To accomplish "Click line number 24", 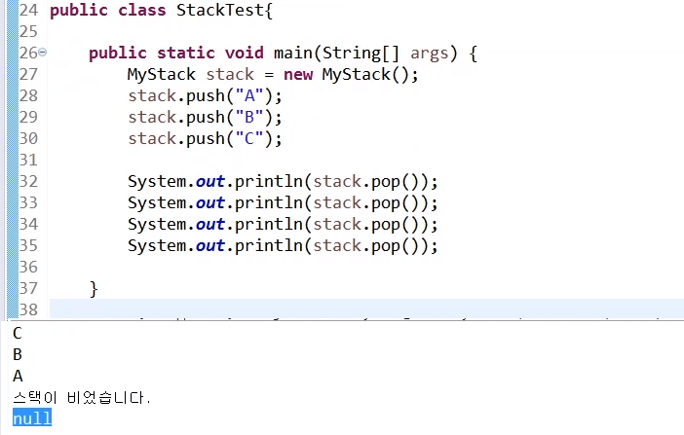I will (x=28, y=10).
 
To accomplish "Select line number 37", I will (x=28, y=288).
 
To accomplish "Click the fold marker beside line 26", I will (x=43, y=53).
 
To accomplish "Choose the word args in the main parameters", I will (x=430, y=53).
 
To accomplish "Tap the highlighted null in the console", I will (x=32, y=418).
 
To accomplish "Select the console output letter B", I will (x=18, y=355).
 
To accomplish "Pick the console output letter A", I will (x=18, y=376).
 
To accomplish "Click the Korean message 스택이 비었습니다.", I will (x=82, y=398).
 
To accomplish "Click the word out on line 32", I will (x=210, y=181).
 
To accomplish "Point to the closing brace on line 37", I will (x=94, y=288).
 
